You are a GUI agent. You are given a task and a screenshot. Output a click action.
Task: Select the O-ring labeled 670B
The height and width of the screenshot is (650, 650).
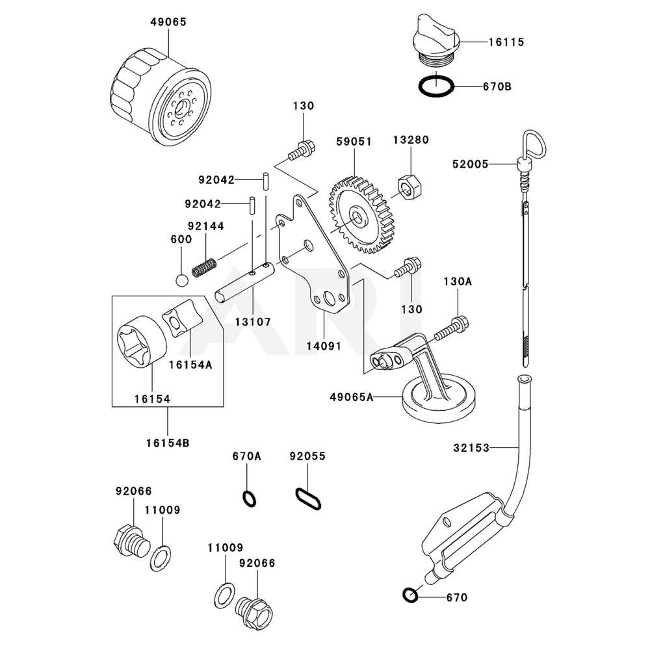click(x=435, y=86)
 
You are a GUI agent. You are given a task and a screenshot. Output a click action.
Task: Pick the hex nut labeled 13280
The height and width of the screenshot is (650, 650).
click(x=408, y=188)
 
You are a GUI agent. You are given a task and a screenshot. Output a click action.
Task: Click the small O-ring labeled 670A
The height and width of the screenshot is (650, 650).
click(x=250, y=499)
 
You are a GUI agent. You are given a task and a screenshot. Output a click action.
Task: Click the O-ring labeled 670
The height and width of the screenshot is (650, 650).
click(x=409, y=594)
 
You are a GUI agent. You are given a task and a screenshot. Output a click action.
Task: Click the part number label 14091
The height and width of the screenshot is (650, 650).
click(x=324, y=346)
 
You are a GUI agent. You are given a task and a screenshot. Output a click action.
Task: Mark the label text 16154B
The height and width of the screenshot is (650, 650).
click(x=168, y=443)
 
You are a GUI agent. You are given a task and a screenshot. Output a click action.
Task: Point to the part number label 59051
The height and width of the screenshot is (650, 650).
click(x=354, y=140)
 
